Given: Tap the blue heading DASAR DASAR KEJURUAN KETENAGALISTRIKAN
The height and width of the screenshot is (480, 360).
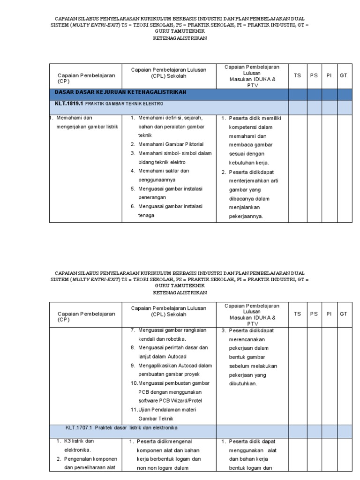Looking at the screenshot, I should tap(121, 92).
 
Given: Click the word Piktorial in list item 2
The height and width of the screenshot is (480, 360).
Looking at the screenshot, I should tap(193, 144).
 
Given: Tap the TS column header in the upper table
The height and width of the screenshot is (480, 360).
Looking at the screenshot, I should tap(297, 75).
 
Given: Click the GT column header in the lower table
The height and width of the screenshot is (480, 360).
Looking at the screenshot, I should tap(343, 314).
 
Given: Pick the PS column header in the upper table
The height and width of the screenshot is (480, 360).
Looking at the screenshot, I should tap(313, 75).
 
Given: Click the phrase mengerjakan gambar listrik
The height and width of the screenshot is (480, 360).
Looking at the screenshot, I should tap(86, 127).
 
